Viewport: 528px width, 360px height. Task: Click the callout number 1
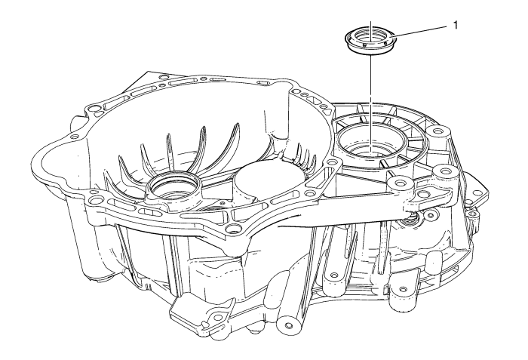click(456, 25)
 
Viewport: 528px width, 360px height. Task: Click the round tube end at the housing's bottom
click(288, 325)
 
